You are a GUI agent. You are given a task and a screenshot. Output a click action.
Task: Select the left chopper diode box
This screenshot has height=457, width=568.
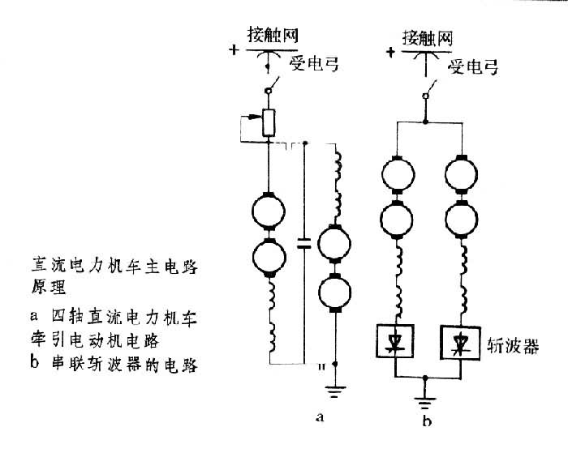(x=394, y=344)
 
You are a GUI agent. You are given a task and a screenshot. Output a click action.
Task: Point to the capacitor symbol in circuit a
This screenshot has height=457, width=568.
(x=303, y=242)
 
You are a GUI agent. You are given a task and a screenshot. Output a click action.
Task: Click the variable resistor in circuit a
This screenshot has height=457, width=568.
(x=268, y=122)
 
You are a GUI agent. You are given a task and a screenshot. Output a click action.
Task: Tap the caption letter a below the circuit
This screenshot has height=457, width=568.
(x=321, y=417)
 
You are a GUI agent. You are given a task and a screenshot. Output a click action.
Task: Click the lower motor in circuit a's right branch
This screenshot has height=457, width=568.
(x=334, y=292)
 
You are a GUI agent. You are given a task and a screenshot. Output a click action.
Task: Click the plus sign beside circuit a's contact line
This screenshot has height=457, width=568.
(x=235, y=49)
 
